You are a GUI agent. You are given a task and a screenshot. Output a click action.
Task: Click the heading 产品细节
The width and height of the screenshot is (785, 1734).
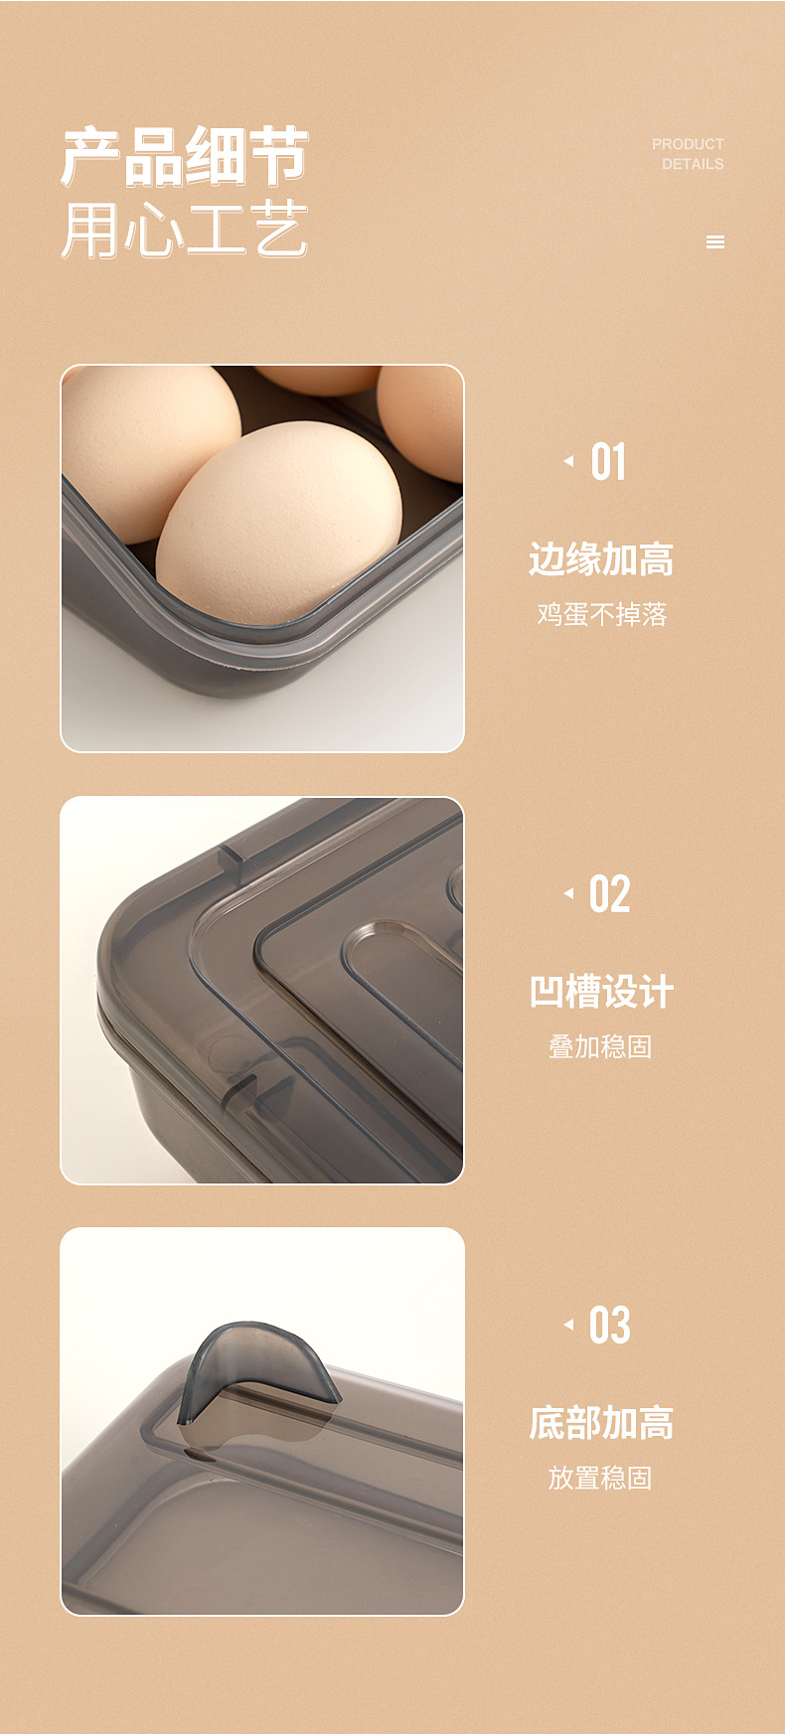pyautogui.click(x=185, y=157)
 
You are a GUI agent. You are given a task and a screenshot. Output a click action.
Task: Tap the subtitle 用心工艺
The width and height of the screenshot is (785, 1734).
pyautogui.click(x=185, y=231)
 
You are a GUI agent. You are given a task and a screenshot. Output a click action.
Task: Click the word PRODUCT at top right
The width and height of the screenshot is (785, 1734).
pyautogui.click(x=688, y=144)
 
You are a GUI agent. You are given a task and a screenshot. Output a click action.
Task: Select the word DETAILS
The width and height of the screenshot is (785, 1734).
pyautogui.click(x=693, y=164)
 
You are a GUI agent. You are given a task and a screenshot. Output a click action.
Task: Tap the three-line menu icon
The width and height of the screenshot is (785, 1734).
pyautogui.click(x=715, y=242)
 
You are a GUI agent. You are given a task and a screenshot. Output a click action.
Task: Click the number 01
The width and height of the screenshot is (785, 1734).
pyautogui.click(x=608, y=463)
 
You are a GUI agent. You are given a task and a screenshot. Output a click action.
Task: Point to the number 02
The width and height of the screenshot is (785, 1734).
pyautogui.click(x=609, y=894)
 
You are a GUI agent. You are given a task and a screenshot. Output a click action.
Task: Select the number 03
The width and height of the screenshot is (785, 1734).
pyautogui.click(x=609, y=1326)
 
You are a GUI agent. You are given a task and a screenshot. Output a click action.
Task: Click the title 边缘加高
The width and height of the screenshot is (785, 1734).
pyautogui.click(x=601, y=559)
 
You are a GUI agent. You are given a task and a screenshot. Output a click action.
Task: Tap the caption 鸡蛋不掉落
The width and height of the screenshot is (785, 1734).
pyautogui.click(x=602, y=615)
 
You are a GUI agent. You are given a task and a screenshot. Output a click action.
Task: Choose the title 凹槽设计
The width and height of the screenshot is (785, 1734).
pyautogui.click(x=601, y=992)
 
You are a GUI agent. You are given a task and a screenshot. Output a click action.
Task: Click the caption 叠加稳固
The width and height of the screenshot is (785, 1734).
pyautogui.click(x=600, y=1046)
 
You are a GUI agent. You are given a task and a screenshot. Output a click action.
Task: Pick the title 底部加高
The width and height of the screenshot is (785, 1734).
pyautogui.click(x=601, y=1423)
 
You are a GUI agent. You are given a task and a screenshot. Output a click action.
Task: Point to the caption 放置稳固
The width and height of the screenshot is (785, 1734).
pyautogui.click(x=600, y=1478)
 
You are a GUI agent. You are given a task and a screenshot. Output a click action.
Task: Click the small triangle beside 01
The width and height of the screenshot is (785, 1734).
pyautogui.click(x=568, y=461)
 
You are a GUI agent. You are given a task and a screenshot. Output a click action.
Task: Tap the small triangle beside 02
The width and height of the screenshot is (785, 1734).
pyautogui.click(x=568, y=893)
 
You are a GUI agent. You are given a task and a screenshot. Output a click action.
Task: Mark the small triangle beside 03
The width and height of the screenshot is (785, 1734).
pyautogui.click(x=568, y=1325)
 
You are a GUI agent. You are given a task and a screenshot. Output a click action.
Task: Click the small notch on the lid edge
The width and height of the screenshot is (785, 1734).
pyautogui.click(x=231, y=861)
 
